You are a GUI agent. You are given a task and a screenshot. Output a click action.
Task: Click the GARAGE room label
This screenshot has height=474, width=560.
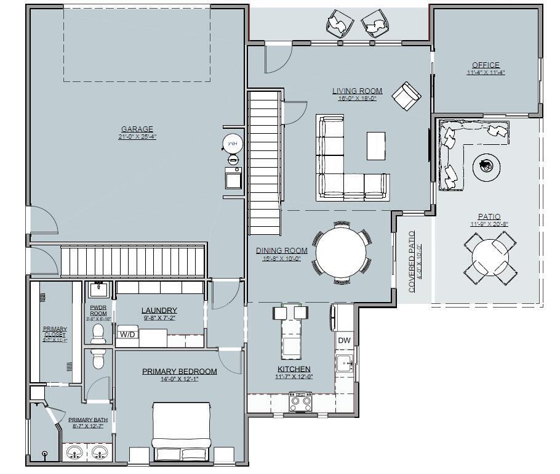[137, 129]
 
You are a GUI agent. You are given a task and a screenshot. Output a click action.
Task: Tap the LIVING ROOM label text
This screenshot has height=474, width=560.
[358, 91]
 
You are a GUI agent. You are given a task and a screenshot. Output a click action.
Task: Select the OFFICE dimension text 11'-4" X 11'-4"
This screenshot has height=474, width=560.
[485, 72]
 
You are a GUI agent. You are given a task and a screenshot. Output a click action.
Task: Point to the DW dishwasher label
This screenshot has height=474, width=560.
[344, 340]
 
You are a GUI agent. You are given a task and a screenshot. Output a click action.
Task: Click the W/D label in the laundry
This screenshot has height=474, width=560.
[127, 335]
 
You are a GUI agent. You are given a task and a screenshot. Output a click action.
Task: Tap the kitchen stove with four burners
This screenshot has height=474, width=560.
[300, 403]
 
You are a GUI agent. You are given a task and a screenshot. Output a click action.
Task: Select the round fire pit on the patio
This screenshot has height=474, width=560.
[486, 165]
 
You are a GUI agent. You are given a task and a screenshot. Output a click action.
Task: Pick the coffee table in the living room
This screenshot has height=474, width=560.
[376, 145]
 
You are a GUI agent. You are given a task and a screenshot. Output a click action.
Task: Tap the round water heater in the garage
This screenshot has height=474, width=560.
[233, 143]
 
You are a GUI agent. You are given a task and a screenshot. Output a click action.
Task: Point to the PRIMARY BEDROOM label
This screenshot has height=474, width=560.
[179, 371]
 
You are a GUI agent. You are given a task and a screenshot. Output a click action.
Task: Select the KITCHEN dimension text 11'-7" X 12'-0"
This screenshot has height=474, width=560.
[294, 377]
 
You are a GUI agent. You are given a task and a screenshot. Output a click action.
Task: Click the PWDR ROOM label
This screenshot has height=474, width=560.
[98, 309]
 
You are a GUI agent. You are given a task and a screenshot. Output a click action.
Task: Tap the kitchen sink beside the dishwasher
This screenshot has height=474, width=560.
[343, 363]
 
